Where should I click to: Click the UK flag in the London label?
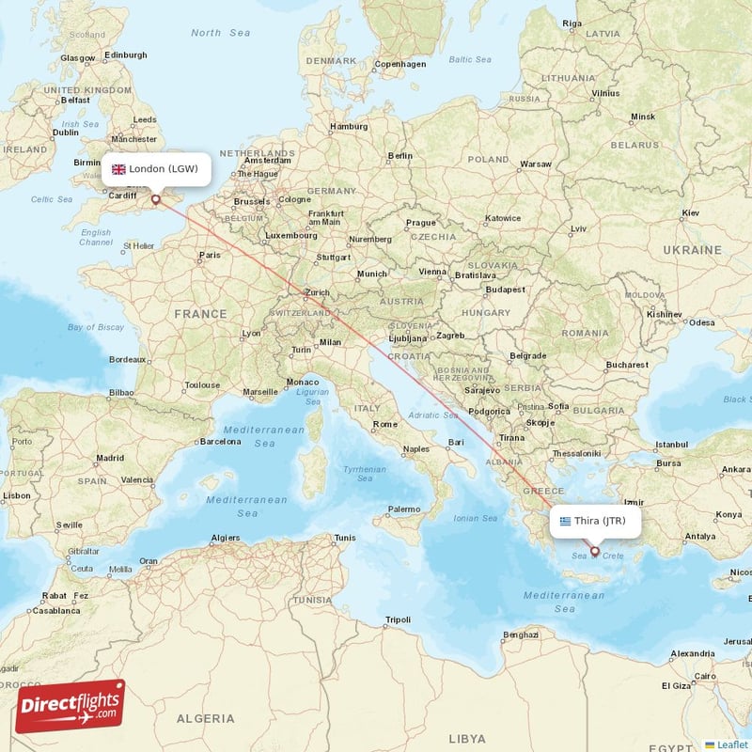point(118,169)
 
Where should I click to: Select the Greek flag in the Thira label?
point(565,521)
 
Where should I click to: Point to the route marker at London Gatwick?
point(156,199)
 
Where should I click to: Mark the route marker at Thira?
point(595,552)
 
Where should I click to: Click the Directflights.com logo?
point(70,706)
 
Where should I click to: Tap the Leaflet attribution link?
point(731,744)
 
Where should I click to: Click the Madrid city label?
point(109,459)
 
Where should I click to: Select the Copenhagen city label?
point(400,65)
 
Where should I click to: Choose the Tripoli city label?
point(398,619)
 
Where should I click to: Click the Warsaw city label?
point(536,164)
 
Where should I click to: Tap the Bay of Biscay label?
point(96,327)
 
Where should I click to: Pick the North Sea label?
point(220,33)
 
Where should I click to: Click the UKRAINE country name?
point(692,250)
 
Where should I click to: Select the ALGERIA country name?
point(205,718)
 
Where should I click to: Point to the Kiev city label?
point(691,213)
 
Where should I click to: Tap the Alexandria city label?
point(692,653)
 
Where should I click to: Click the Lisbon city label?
point(16,495)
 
